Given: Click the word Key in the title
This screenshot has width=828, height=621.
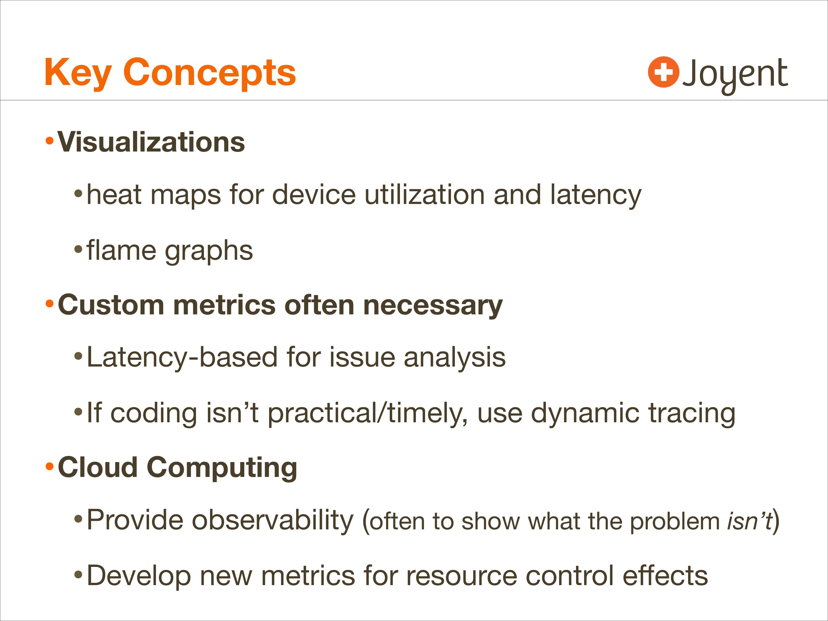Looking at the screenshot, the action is point(78,74).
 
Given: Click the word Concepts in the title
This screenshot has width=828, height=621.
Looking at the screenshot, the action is point(209,74).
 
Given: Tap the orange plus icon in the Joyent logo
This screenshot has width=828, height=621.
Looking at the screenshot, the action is point(664,72).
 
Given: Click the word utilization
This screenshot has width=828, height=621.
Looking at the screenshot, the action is point(424,195).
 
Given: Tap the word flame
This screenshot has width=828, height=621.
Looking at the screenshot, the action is point(121,250).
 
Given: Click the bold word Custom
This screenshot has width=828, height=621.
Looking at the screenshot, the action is point(111,305).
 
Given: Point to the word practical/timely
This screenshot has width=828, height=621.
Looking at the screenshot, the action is point(368,413).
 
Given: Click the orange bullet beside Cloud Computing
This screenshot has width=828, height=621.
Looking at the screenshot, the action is point(49,466).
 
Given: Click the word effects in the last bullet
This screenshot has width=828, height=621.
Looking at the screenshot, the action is point(665,575).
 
